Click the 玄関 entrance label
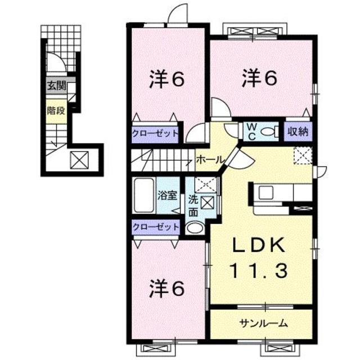pyautogui.click(x=56, y=86)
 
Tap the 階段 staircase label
pyautogui.click(x=56, y=110)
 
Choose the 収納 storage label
pyautogui.click(x=298, y=132)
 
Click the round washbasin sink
pyautogui.click(x=195, y=228)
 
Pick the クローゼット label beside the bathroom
pyautogui.click(x=155, y=227)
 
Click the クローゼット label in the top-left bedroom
pyautogui.click(x=155, y=133)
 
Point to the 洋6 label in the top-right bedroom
pyautogui.click(x=260, y=79)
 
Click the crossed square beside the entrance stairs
pyautogui.click(x=77, y=160)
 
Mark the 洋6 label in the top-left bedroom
pyautogui.click(x=167, y=80)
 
